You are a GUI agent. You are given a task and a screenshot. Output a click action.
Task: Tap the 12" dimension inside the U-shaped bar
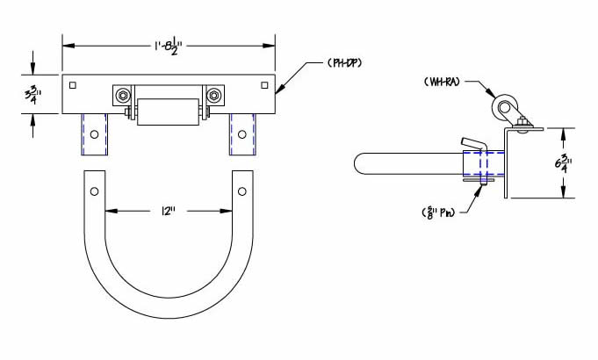(165, 212)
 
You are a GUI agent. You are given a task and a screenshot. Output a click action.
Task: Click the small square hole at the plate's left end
(73, 85)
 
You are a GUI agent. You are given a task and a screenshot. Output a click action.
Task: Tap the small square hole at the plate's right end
(263, 85)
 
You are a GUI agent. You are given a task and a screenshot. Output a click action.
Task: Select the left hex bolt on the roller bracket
(123, 95)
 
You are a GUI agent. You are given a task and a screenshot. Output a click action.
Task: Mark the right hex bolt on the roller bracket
(213, 95)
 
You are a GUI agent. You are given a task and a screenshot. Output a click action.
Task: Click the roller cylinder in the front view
(168, 112)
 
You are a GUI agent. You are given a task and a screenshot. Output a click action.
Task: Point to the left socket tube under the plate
(94, 134)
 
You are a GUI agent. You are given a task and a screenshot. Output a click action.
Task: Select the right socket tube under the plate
(242, 134)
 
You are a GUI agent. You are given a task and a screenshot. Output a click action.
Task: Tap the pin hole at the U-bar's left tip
(94, 190)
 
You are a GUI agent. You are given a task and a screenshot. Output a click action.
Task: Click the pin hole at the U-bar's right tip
(241, 190)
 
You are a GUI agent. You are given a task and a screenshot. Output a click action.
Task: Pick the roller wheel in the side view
(507, 112)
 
